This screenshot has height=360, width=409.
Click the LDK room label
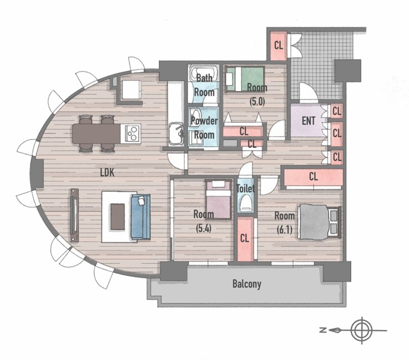click(x=107, y=172)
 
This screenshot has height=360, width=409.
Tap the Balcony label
click(x=247, y=284)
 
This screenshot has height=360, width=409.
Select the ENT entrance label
click(x=309, y=121)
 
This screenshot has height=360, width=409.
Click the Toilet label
click(x=245, y=188)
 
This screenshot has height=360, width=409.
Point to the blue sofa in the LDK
click(x=140, y=217)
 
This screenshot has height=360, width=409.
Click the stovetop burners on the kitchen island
click(x=132, y=133)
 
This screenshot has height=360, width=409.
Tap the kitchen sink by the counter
click(x=176, y=134)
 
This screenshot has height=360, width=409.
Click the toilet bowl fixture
click(x=246, y=204)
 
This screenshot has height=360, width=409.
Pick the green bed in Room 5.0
click(x=245, y=79)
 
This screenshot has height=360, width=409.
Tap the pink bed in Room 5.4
click(x=218, y=199)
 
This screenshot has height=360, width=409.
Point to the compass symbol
click(x=362, y=330)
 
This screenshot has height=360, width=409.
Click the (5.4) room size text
click(x=204, y=229)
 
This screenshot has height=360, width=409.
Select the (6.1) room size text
click(x=284, y=230)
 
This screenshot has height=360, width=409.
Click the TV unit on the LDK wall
click(x=74, y=215)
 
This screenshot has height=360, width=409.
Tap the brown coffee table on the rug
click(x=118, y=217)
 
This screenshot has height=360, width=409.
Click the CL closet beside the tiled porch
click(x=279, y=46)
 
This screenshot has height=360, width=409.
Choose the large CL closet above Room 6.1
click(x=314, y=177)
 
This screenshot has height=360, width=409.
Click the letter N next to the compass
click(x=323, y=330)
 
